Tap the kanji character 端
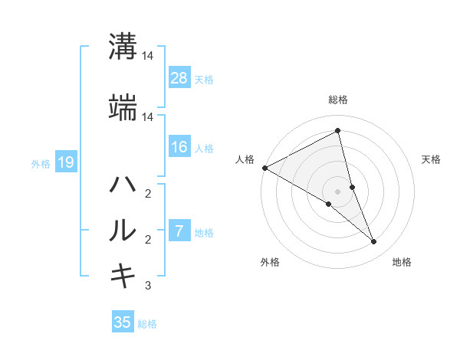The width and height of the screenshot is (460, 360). click(123, 110)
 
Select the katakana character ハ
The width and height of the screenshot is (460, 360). click(123, 185)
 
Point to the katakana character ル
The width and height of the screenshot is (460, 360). click(123, 231)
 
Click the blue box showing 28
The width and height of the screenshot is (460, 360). click(179, 77)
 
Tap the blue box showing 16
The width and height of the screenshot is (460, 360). click(179, 147)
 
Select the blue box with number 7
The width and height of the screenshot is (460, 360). click(179, 231)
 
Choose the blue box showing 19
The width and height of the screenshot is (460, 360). click(66, 162)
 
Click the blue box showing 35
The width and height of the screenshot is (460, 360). click(123, 322)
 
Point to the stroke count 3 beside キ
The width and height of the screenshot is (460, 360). click(148, 286)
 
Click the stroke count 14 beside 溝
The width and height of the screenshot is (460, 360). click(148, 57)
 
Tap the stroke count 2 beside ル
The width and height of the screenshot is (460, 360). click(148, 240)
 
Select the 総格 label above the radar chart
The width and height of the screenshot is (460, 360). click(338, 100)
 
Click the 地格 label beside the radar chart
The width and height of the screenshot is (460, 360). click(402, 262)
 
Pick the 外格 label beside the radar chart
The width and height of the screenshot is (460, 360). click(270, 262)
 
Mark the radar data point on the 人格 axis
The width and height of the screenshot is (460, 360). click(264, 168)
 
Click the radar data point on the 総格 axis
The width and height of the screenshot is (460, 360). click(338, 131)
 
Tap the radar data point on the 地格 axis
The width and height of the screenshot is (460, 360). click(374, 242)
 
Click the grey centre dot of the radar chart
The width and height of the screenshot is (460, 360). click(337, 191)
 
